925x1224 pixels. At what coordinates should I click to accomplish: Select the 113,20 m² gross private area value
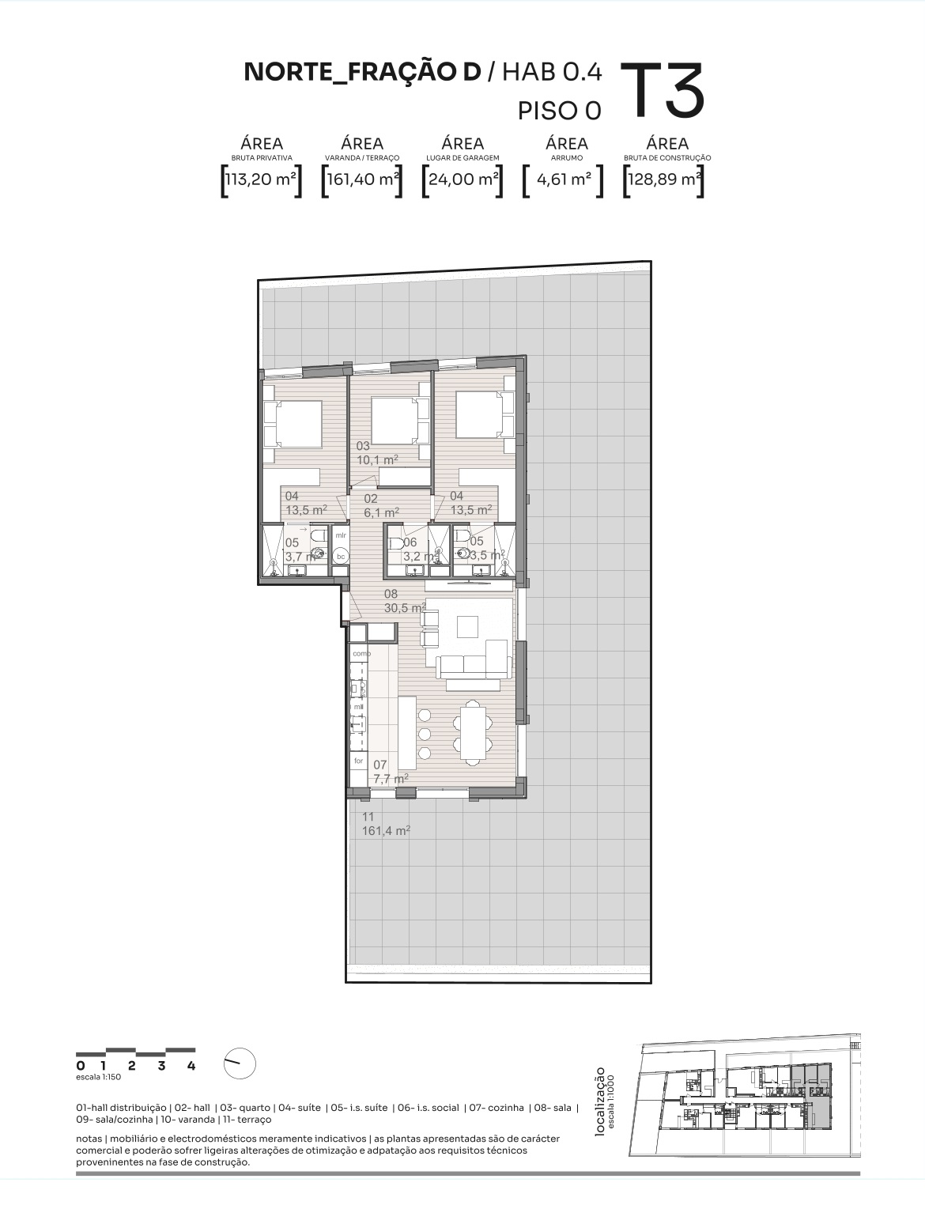[x=261, y=179]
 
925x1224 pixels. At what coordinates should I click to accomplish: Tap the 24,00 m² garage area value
[x=462, y=179]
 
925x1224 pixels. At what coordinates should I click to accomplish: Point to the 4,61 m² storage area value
[x=564, y=179]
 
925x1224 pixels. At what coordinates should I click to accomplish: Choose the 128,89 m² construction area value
[x=664, y=179]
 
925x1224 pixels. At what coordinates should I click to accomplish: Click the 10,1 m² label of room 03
[x=377, y=459]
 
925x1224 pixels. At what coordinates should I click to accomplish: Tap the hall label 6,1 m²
[x=381, y=512]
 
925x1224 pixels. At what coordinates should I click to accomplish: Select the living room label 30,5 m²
[x=405, y=608]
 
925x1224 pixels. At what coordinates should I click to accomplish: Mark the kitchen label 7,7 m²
[x=391, y=778]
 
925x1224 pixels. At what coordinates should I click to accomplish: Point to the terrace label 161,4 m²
[x=386, y=831]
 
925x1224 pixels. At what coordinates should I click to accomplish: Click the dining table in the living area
[x=474, y=731]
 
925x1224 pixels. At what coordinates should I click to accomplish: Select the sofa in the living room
[x=474, y=661]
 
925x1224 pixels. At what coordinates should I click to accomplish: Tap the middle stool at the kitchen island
[x=425, y=733]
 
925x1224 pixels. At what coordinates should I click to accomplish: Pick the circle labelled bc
[x=341, y=557]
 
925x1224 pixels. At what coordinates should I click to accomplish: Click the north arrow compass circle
[x=240, y=1064]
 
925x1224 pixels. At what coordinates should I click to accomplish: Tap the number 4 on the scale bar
[x=191, y=1066]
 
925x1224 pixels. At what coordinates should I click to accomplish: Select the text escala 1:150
[x=98, y=1077]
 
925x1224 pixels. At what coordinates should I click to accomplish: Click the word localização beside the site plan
[x=600, y=1102]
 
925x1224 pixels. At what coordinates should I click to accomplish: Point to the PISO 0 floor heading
[x=560, y=111]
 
